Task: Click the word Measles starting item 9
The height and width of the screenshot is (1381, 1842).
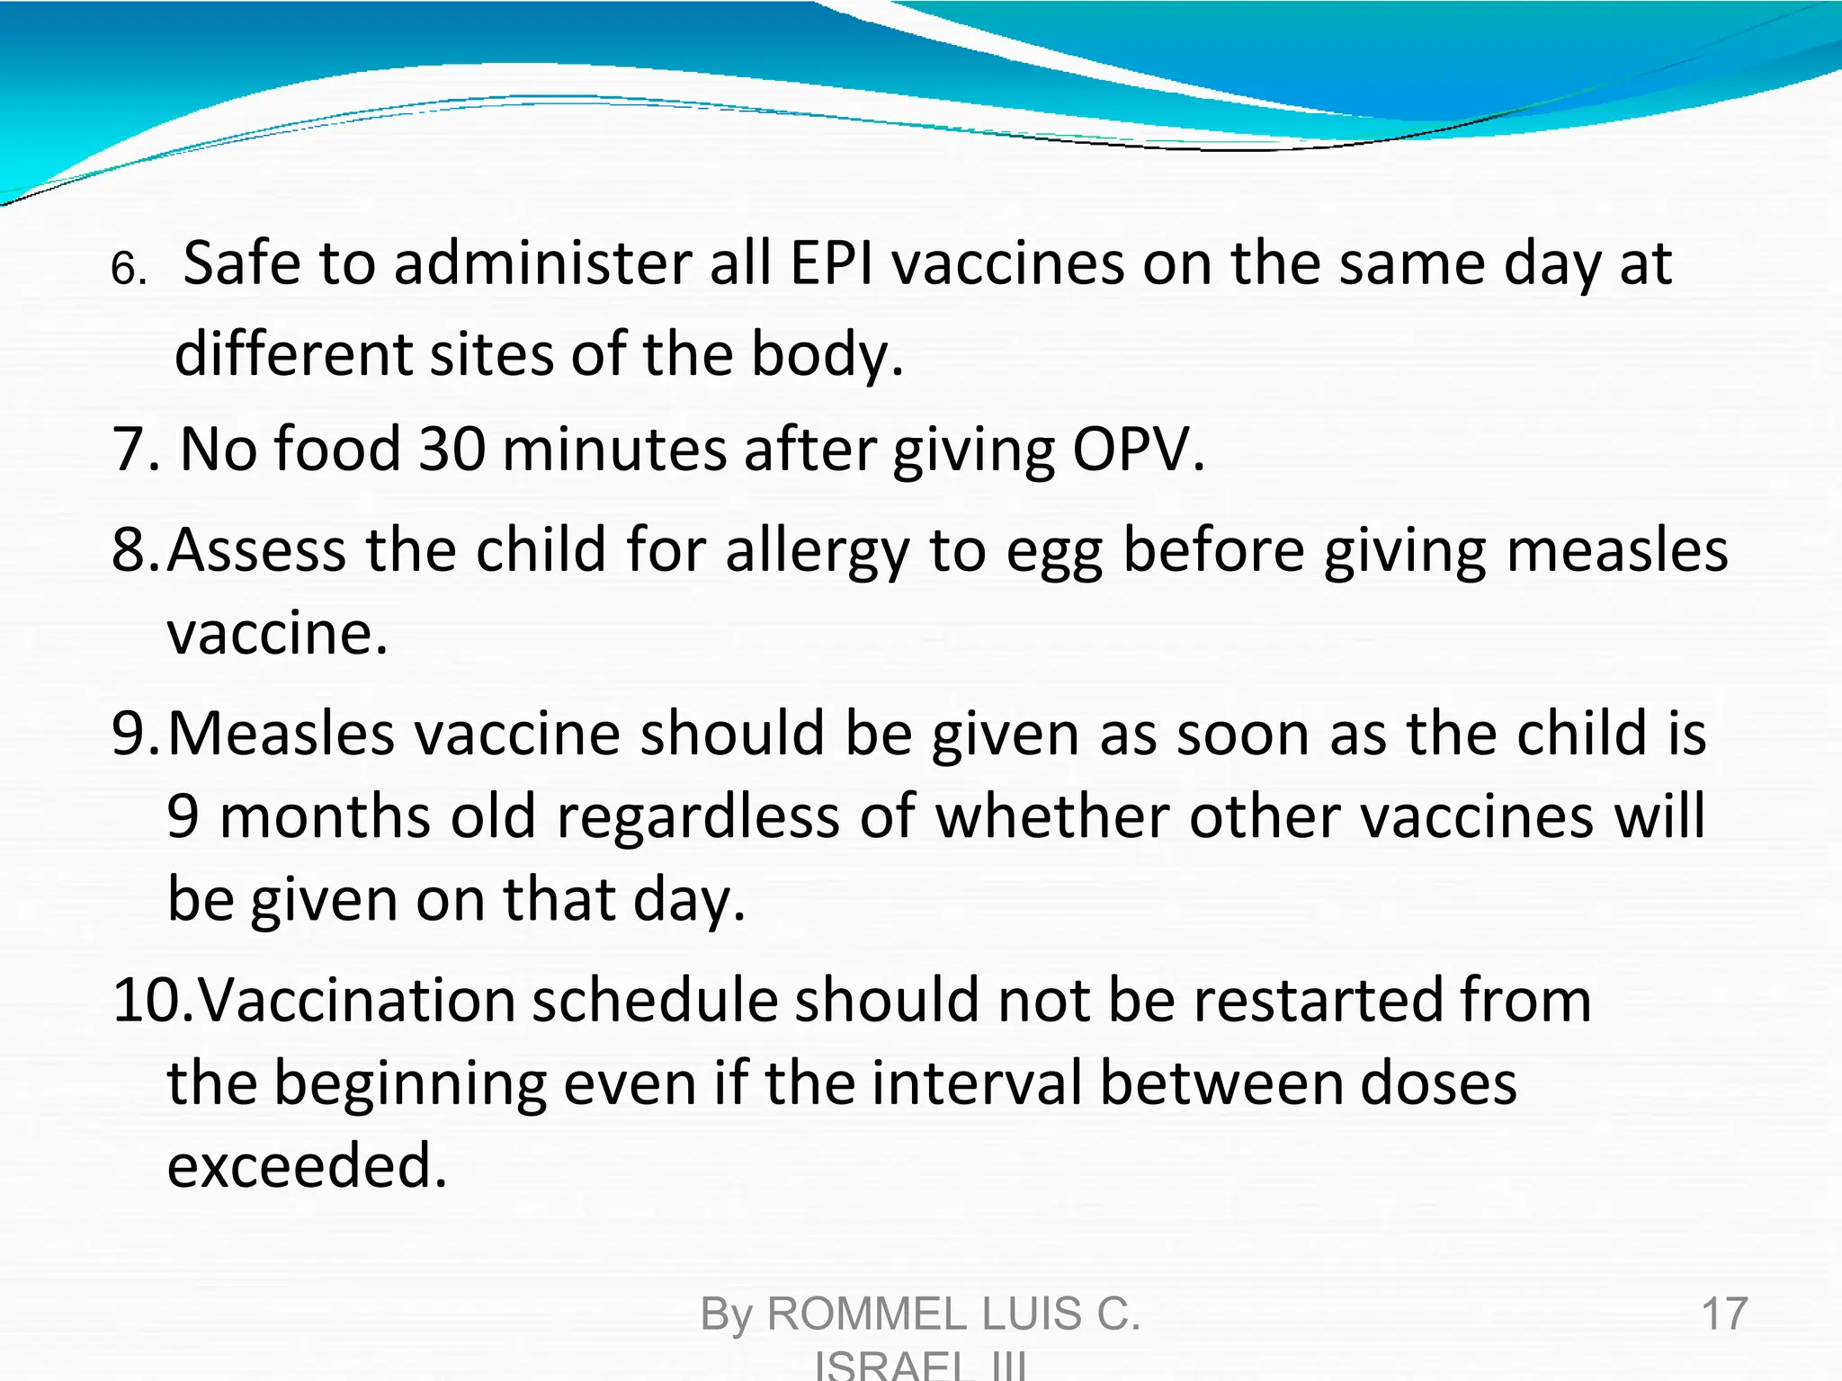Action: click(281, 733)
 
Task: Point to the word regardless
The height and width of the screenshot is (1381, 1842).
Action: click(698, 816)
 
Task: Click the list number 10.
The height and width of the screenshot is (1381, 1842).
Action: click(148, 1000)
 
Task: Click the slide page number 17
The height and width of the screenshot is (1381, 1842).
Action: click(1724, 1314)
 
